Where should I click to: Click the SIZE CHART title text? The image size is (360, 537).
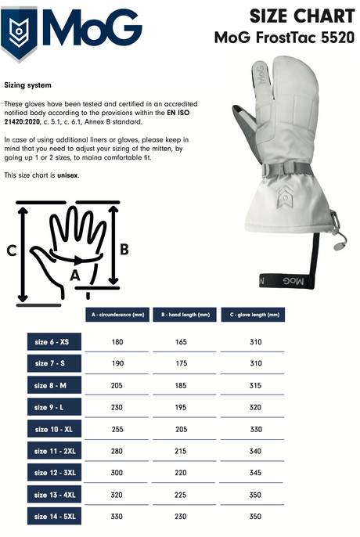pos(302,16)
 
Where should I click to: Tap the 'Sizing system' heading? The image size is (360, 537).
pos(27,85)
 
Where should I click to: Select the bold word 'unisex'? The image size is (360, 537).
pos(67,175)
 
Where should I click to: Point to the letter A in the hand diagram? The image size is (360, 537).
pos(75,276)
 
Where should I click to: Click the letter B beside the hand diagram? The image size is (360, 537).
pos(124,249)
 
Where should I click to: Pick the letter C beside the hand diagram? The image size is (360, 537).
pos(11,250)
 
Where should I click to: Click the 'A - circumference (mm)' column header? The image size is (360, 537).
pos(117,315)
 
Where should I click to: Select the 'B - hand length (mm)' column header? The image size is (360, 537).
pos(185,315)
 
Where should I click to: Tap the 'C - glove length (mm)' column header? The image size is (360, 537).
pos(253,315)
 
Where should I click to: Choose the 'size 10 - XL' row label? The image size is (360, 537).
pos(54,429)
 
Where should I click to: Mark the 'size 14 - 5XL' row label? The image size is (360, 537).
pos(54,516)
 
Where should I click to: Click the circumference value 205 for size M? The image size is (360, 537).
pos(117,386)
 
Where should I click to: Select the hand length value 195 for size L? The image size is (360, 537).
pos(181,408)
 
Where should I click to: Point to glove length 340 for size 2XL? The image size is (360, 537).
pos(256,452)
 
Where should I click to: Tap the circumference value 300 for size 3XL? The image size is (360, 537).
pos(117,473)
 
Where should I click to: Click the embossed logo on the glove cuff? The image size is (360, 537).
pos(285,198)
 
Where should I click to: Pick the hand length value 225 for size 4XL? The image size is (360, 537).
pos(181,495)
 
